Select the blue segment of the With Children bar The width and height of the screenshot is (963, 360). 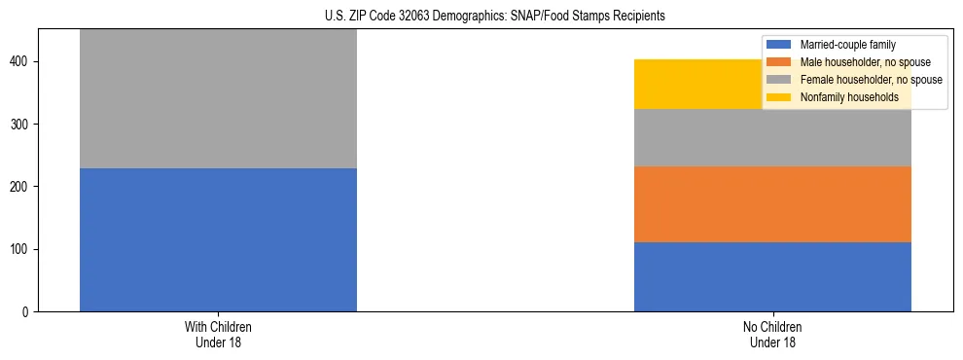[x=218, y=239]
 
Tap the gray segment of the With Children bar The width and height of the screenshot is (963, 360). [x=218, y=98]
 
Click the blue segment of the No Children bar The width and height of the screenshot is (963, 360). [x=772, y=276]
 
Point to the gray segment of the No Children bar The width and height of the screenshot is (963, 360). [x=772, y=137]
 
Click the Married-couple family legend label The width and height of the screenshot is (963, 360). [x=847, y=45]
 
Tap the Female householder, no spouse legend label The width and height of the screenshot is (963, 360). [x=870, y=80]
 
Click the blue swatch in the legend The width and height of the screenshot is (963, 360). [x=779, y=45]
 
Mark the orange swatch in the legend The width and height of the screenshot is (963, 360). [x=779, y=62]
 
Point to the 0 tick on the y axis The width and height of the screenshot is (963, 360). [x=27, y=311]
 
